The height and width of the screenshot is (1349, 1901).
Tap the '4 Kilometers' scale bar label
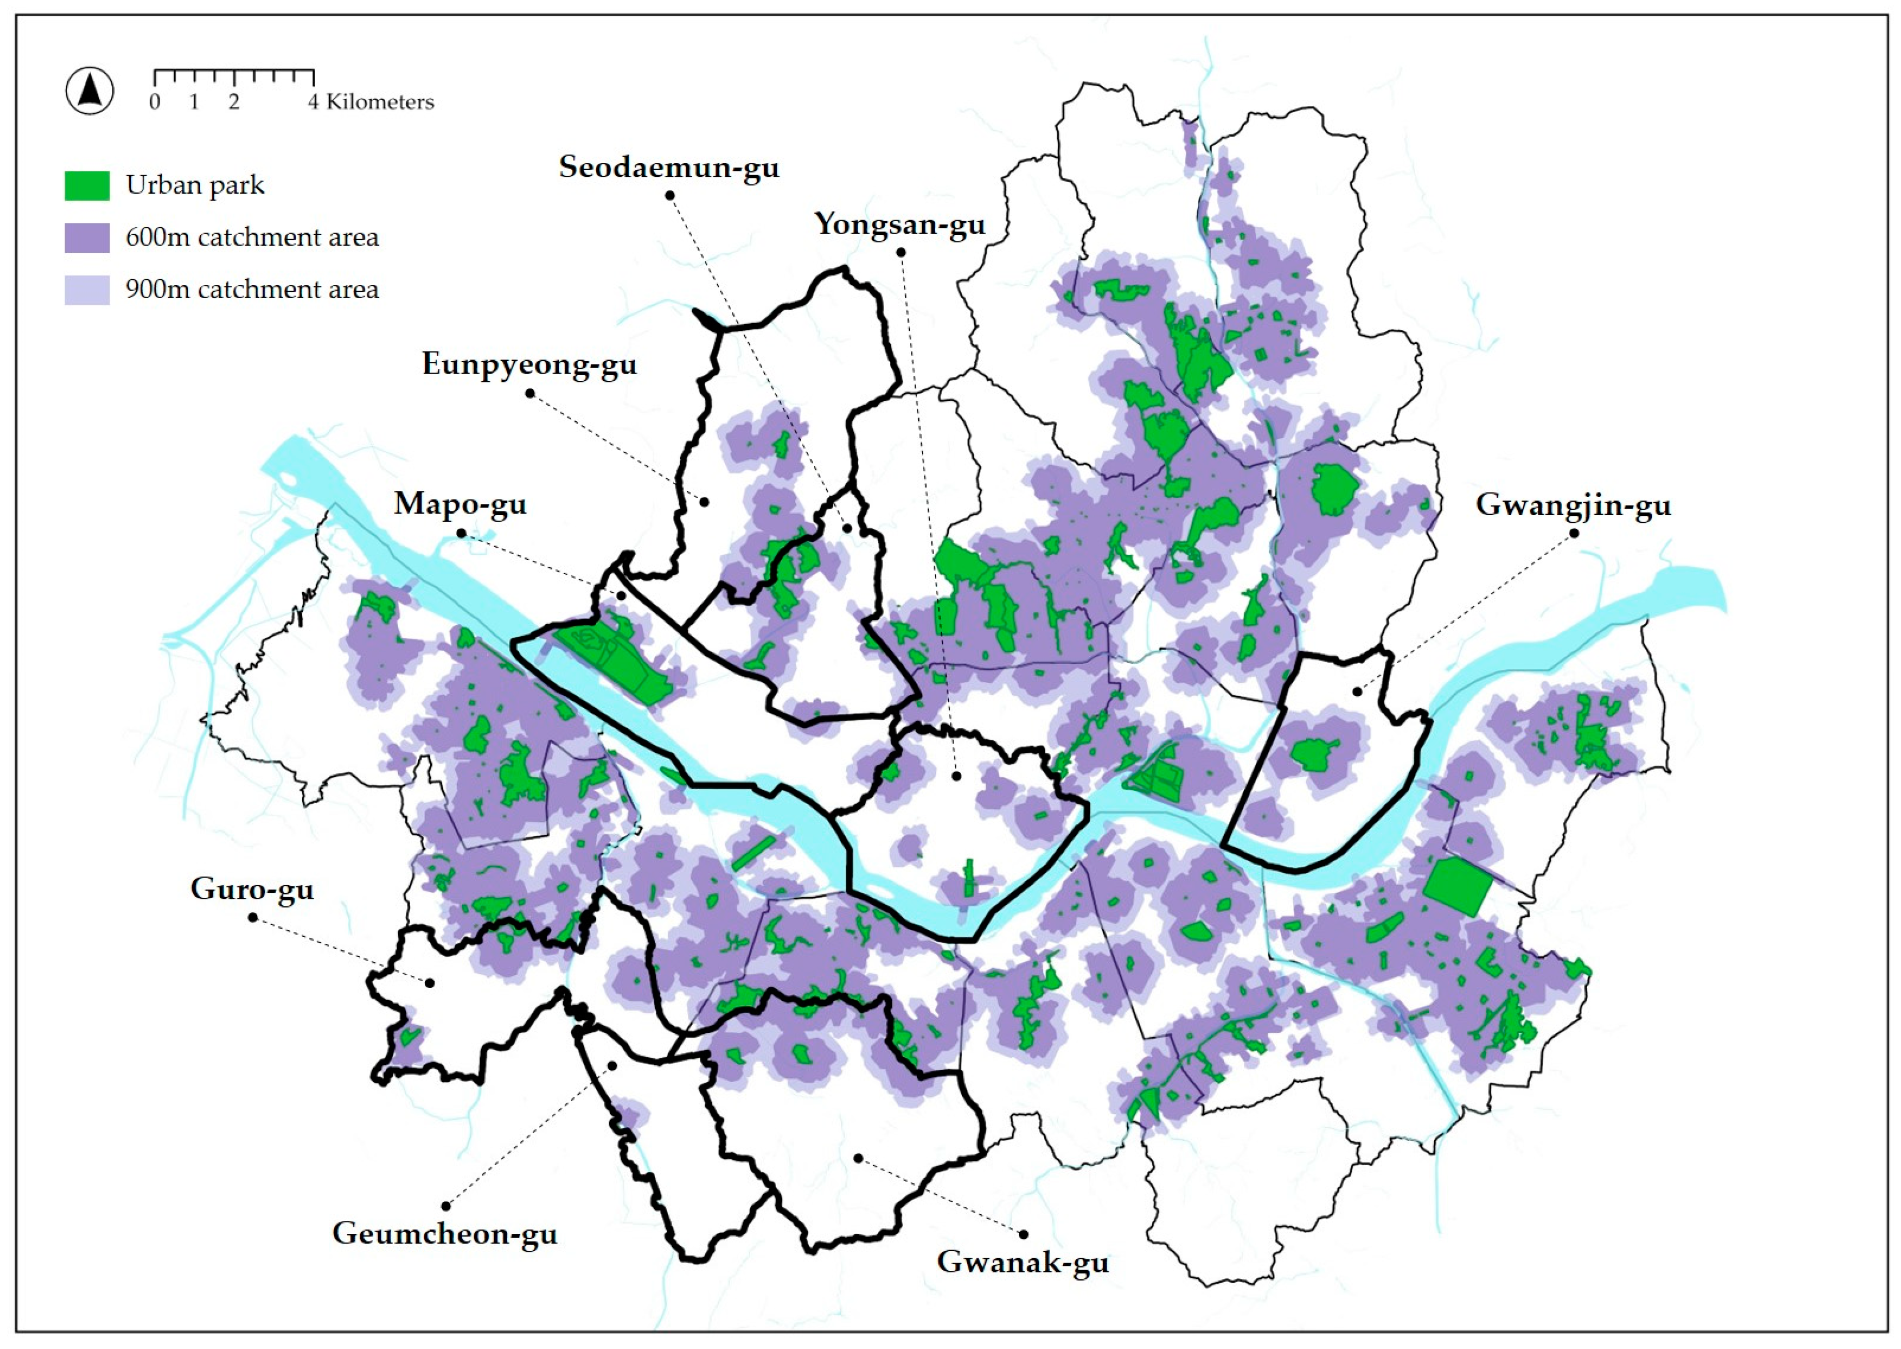[x=371, y=102]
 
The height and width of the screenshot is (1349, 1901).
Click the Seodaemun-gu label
[x=669, y=167]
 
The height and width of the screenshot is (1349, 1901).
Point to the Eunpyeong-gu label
[x=529, y=364]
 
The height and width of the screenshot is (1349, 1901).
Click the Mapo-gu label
[x=460, y=503]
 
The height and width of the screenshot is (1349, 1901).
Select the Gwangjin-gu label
[x=1573, y=504]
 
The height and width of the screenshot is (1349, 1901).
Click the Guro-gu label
[x=252, y=889]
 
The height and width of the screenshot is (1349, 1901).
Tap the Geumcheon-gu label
[x=444, y=1234]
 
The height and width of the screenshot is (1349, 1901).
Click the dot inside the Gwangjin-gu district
[x=1357, y=691]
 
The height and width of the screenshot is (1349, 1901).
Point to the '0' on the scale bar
[x=154, y=102]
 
